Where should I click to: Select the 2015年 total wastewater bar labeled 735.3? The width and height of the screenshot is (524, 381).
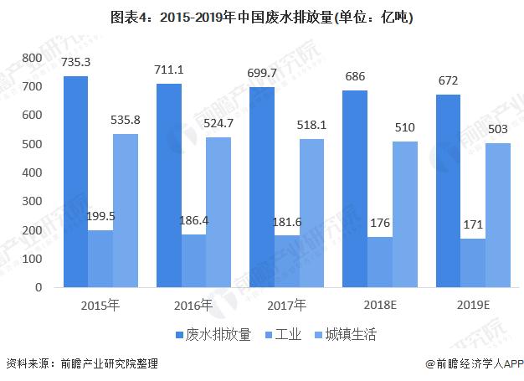(x=76, y=182)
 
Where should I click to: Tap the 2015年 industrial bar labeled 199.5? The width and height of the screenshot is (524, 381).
(x=100, y=259)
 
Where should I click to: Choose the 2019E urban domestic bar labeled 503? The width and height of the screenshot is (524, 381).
(x=498, y=215)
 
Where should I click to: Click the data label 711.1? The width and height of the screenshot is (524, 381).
(x=170, y=69)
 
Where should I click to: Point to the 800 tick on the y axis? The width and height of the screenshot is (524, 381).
(x=33, y=58)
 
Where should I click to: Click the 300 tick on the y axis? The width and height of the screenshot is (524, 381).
(x=33, y=202)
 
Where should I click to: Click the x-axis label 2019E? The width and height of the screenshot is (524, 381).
(x=474, y=304)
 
